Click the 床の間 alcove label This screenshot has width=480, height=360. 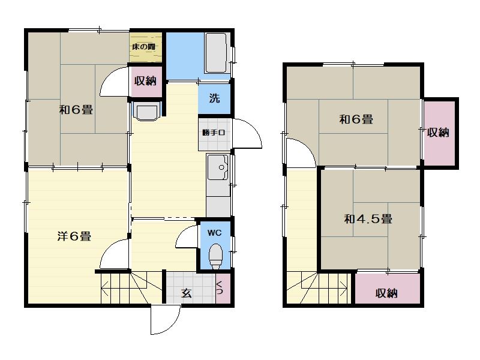pyautogui.click(x=144, y=47)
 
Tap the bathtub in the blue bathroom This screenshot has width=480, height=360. pyautogui.click(x=216, y=53)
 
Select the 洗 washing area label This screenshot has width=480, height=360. pyautogui.click(x=214, y=98)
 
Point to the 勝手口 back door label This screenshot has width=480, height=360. pyautogui.click(x=214, y=133)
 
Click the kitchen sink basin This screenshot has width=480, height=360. pyautogui.click(x=218, y=167)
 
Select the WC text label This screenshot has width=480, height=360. pyautogui.click(x=214, y=233)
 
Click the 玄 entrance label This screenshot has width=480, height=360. pyautogui.click(x=186, y=293)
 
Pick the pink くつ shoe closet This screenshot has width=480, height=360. pyautogui.click(x=223, y=288)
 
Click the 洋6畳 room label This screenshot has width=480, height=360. pyautogui.click(x=74, y=236)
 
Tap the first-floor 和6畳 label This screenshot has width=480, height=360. pyautogui.click(x=76, y=110)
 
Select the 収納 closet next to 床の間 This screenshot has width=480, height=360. pyautogui.click(x=145, y=81)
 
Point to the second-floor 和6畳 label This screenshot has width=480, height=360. pyautogui.click(x=356, y=119)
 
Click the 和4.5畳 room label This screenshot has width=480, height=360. pyautogui.click(x=368, y=219)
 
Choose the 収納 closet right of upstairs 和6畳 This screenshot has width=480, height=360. pyautogui.click(x=439, y=133)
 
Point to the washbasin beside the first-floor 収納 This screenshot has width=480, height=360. pyautogui.click(x=146, y=112)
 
